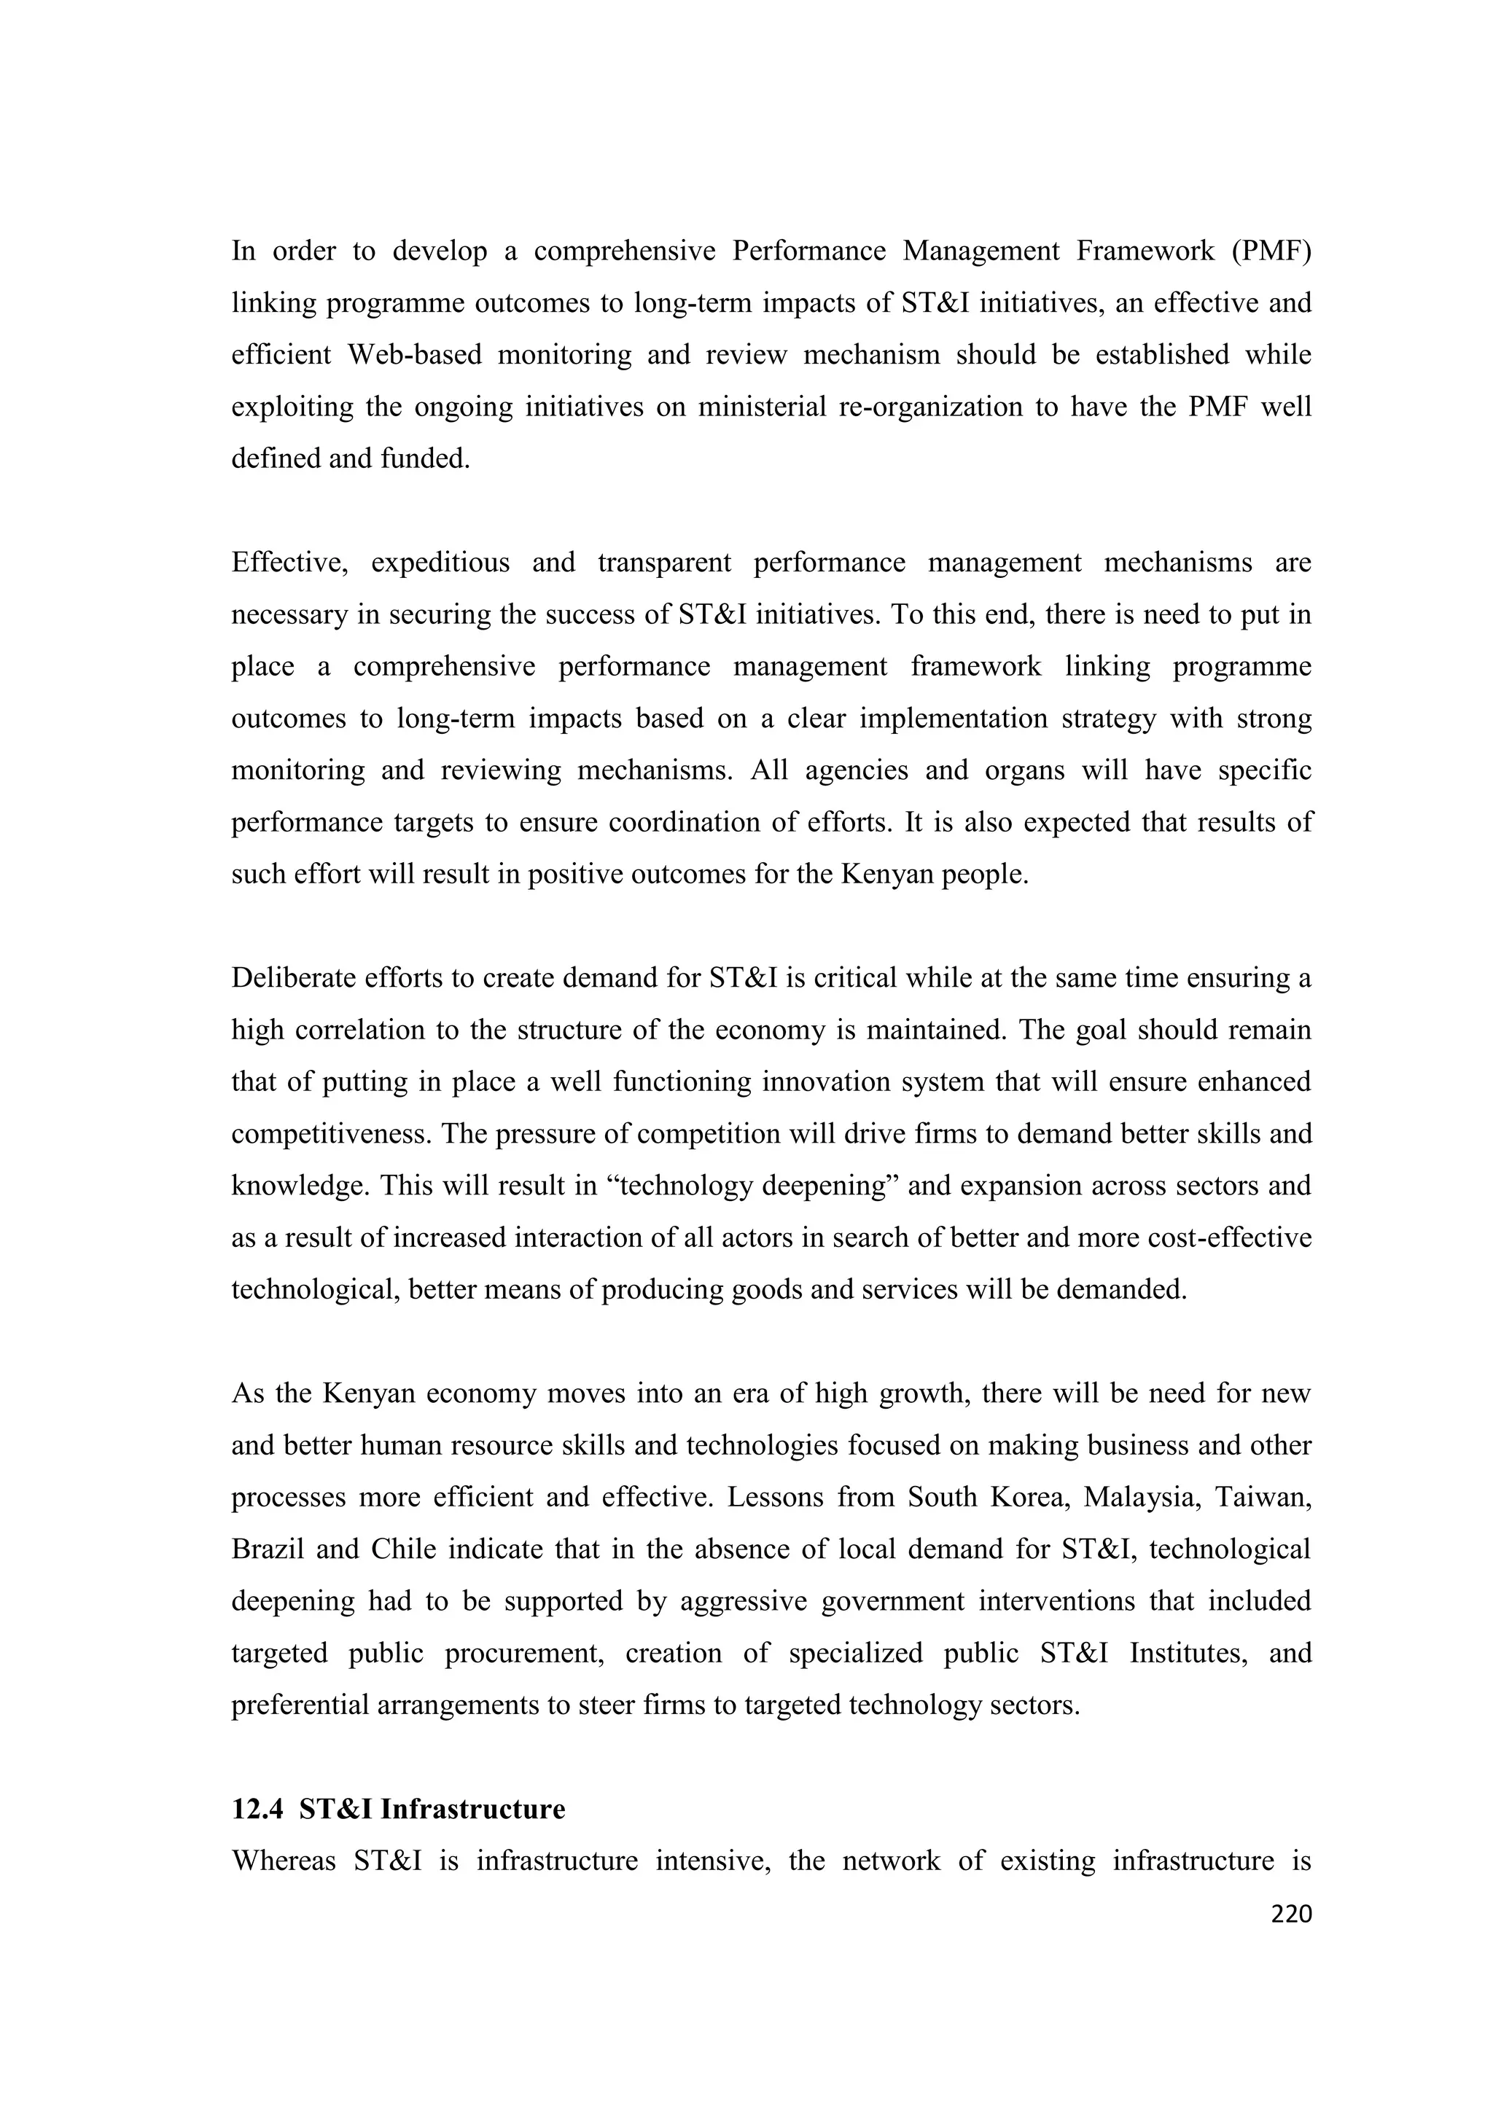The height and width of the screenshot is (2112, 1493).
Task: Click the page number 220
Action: click(1290, 1915)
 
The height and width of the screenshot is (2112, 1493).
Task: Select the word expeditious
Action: click(440, 562)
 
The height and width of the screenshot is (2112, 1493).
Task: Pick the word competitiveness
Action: click(331, 1134)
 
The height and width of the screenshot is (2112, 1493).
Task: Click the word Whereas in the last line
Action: click(282, 1861)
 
